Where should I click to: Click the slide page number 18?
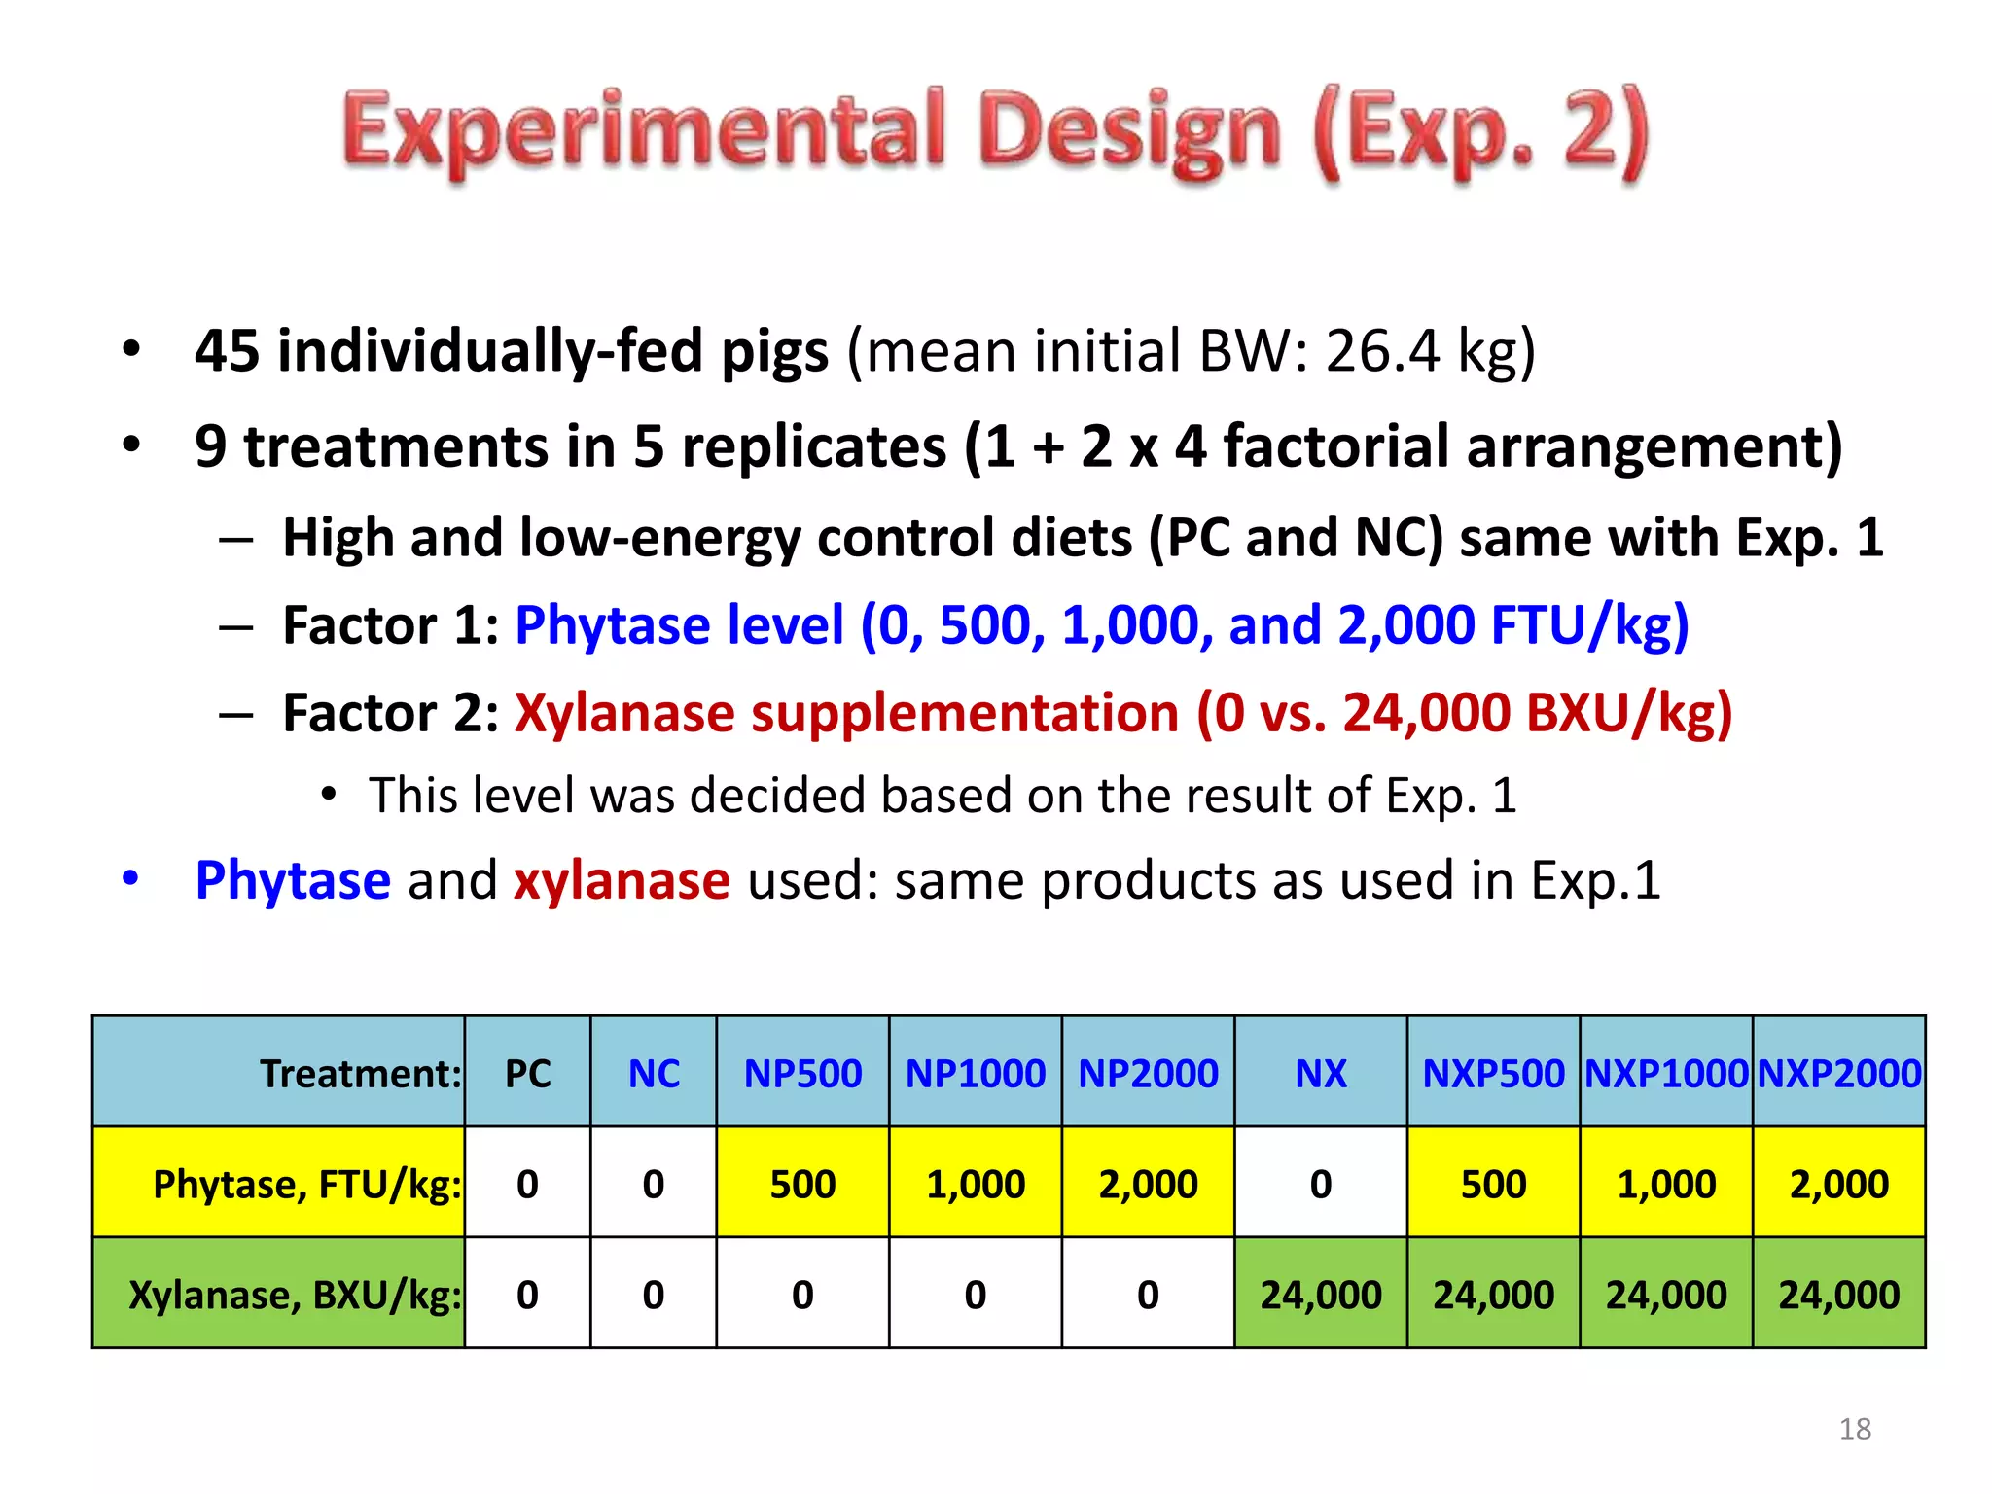[x=1855, y=1429]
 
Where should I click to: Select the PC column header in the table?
[x=527, y=1074]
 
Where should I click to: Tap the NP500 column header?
[x=802, y=1074]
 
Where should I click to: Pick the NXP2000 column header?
[x=1839, y=1074]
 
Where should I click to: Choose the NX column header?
[x=1321, y=1074]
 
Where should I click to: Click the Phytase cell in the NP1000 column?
[x=976, y=1184]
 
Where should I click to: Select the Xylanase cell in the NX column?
[x=1321, y=1295]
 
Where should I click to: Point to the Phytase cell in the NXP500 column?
[x=1493, y=1184]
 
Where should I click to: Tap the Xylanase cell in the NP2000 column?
[x=1148, y=1295]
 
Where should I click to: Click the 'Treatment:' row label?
[x=360, y=1074]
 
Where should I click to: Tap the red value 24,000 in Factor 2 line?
[x=1426, y=713]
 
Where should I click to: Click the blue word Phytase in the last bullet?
[x=293, y=880]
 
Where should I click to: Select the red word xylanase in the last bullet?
[x=622, y=880]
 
